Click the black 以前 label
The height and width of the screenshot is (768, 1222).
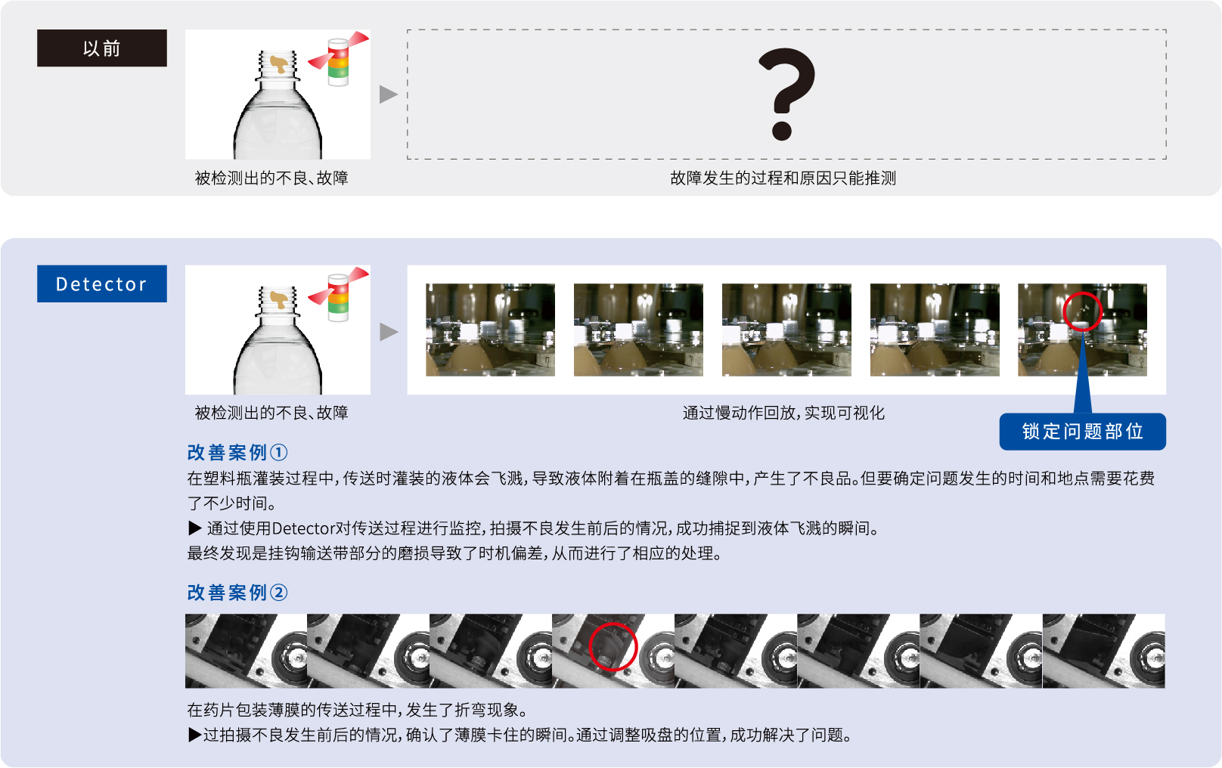click(102, 48)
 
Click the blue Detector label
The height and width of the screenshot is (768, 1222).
click(102, 283)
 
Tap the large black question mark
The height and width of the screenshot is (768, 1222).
click(786, 94)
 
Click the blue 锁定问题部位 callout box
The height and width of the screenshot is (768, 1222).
click(1082, 432)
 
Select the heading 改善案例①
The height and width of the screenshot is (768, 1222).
click(237, 452)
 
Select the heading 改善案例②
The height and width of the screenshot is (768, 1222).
click(237, 593)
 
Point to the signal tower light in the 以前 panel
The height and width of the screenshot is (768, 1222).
click(339, 61)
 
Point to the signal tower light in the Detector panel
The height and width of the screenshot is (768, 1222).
click(339, 297)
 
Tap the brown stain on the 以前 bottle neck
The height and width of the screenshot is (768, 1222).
click(279, 63)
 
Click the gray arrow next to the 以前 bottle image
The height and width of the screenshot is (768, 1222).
click(389, 94)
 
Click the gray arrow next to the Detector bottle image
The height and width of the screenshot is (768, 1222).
click(389, 331)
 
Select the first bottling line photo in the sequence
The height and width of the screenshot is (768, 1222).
click(491, 330)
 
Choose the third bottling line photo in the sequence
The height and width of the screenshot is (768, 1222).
click(786, 330)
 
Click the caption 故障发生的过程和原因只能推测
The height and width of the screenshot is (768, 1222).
click(783, 178)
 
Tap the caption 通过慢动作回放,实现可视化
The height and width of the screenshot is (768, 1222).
click(783, 413)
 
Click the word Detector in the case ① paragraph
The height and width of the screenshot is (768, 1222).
click(303, 528)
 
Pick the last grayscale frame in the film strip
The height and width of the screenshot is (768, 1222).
click(1103, 651)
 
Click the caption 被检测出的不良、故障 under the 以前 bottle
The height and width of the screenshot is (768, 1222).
click(271, 178)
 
